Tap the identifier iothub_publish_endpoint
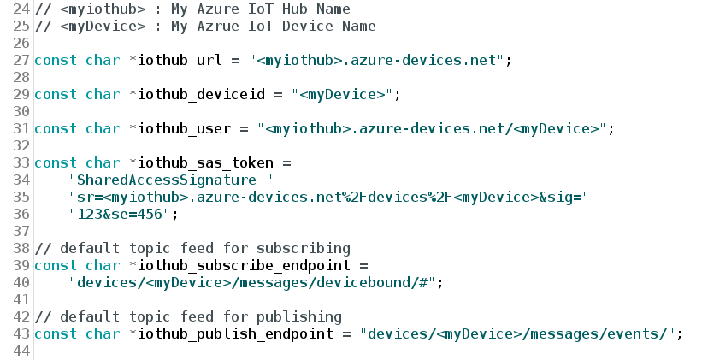pos(239,333)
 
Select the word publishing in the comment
pos(299,316)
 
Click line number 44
pos(16,351)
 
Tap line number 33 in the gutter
pos(16,162)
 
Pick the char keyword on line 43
pos(103,333)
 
